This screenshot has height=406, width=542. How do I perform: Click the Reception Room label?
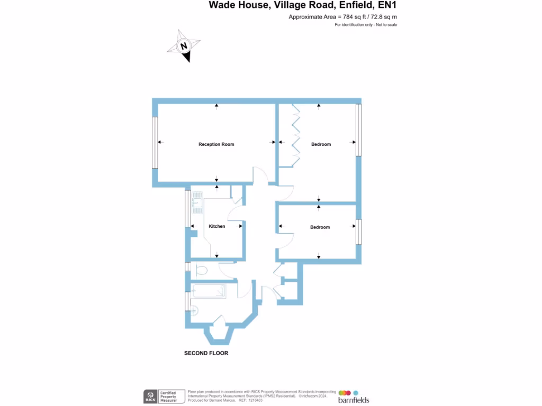tap(216, 144)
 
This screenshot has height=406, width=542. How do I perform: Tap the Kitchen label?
tap(217, 226)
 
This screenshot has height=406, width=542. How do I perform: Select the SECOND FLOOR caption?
tap(206, 353)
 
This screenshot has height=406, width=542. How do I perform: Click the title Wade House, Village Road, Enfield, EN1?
tap(302, 5)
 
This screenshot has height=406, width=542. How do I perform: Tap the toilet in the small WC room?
tap(200, 271)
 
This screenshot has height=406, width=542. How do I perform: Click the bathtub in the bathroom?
tap(209, 291)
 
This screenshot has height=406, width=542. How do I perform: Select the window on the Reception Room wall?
tap(155, 143)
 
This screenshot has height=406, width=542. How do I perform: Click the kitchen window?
tap(187, 208)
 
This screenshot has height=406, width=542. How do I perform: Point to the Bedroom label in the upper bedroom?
tap(321, 144)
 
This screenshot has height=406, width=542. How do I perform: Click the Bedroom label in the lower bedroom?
tap(320, 227)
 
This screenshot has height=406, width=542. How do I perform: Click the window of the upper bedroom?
tap(358, 130)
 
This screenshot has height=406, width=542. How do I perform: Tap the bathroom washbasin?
tap(193, 311)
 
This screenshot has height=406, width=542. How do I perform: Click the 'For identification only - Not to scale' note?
tap(366, 25)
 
